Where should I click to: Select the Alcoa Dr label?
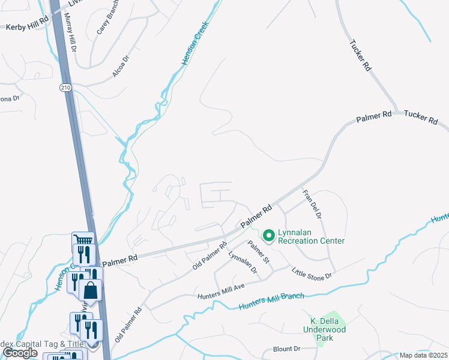point(120,67)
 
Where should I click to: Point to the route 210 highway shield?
point(65,88)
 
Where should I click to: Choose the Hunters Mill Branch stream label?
point(271,301)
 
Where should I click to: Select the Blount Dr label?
point(286,349)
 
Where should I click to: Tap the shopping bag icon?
point(90,291)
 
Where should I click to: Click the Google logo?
point(20,353)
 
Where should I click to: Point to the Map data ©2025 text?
point(423,355)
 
